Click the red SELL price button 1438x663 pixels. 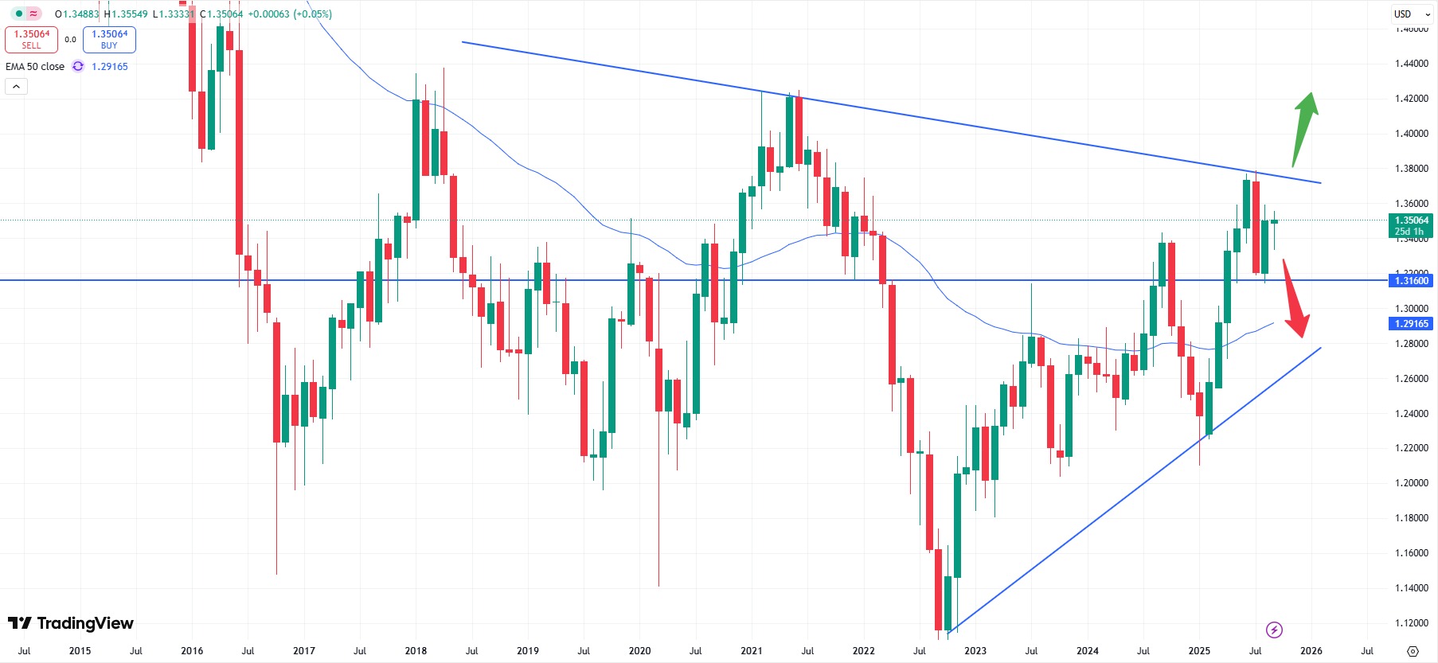click(31, 39)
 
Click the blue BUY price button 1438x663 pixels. click(109, 39)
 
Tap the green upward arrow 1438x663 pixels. click(1304, 127)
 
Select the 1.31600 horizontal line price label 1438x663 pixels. click(1411, 281)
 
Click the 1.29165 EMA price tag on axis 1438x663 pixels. click(1411, 324)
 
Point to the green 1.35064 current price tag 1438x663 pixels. click(1411, 225)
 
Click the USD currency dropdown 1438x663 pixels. click(1411, 14)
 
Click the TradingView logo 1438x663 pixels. click(71, 623)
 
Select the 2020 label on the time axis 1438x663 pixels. click(639, 651)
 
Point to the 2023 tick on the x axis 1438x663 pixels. click(975, 651)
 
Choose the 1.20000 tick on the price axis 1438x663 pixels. click(1411, 483)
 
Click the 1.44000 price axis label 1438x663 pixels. click(1411, 64)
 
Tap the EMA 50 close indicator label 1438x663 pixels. click(35, 67)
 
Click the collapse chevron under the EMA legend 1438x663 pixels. click(17, 86)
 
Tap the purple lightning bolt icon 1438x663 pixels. click(1274, 630)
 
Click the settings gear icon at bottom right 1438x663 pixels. click(1413, 651)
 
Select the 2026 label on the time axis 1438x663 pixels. click(1311, 651)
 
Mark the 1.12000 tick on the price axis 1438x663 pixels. click(1411, 623)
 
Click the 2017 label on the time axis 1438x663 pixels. click(304, 651)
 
